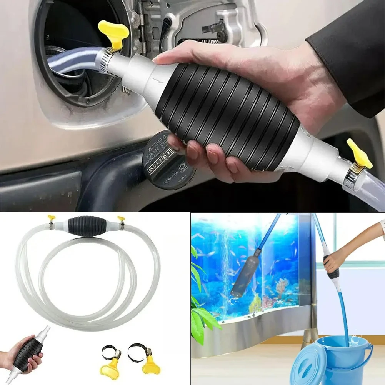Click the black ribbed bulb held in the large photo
coord(227,115)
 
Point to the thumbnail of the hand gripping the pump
coord(23,352)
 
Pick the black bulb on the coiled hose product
coord(83,226)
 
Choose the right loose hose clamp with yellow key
coord(142,358)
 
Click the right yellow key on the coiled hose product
coord(121,219)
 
